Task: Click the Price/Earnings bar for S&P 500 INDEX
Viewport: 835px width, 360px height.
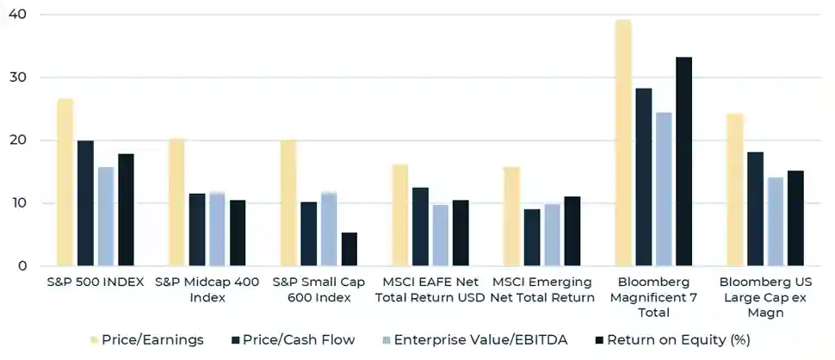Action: point(65,183)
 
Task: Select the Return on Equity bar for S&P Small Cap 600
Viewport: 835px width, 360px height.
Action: point(349,249)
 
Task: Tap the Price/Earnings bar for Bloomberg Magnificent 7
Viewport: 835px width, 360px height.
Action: point(623,143)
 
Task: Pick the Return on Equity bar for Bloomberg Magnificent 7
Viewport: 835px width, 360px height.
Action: point(684,162)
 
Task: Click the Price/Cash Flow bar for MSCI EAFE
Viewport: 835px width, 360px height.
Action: point(420,227)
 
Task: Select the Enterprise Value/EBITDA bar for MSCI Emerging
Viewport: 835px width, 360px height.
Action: point(552,235)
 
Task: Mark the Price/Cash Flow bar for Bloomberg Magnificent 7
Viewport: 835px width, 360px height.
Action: point(644,177)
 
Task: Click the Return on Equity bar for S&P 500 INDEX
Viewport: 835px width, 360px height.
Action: point(126,210)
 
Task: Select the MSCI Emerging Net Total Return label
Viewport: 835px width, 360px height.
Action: point(542,289)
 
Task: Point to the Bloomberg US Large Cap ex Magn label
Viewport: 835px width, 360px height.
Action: point(765,297)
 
